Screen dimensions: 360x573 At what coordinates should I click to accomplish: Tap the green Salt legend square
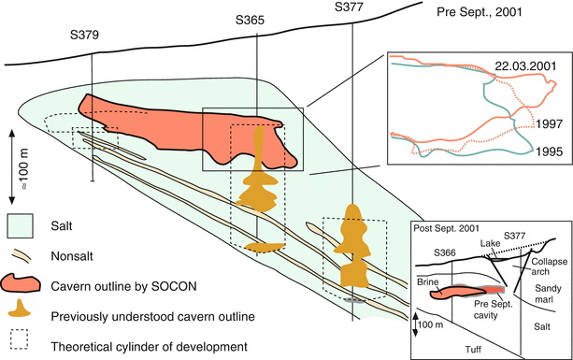(21, 225)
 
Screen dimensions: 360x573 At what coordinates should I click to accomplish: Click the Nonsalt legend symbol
(21, 253)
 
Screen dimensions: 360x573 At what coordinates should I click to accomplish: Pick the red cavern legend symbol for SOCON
(22, 281)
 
